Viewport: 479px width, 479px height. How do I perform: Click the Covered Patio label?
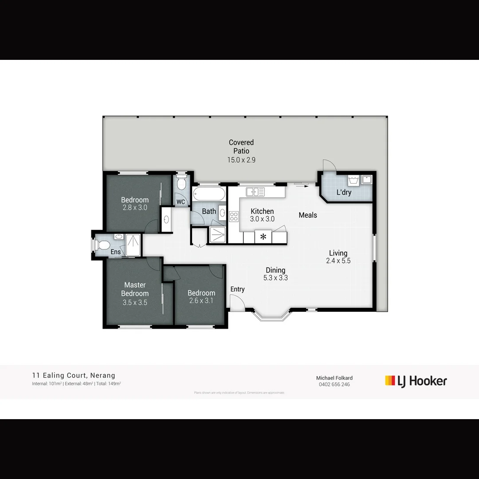coord(241,151)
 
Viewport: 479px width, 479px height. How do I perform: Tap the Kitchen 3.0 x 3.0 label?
coord(262,215)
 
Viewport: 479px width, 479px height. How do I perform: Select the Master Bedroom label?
coord(135,293)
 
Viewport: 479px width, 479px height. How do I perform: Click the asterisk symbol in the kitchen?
coord(263,237)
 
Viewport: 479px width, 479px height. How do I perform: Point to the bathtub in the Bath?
coord(209,194)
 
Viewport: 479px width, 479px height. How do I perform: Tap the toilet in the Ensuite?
coord(103,244)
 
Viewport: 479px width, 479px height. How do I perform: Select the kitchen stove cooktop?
coord(234,216)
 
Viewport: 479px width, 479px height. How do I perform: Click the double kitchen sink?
coord(255,192)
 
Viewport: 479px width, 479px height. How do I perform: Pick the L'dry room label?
coord(344,192)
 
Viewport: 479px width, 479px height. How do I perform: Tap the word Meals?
coord(308,215)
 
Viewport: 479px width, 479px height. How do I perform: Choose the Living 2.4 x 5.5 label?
coord(338,257)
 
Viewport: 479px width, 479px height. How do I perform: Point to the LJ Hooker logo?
coord(416,381)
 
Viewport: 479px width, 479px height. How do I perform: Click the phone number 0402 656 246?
coord(334,385)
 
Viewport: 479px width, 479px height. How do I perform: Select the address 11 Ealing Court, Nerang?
coord(74,376)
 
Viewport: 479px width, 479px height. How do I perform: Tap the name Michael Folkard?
coord(334,378)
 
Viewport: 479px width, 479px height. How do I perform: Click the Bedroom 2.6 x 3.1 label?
coord(201,297)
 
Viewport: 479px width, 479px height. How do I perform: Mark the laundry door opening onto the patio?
coord(330,166)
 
